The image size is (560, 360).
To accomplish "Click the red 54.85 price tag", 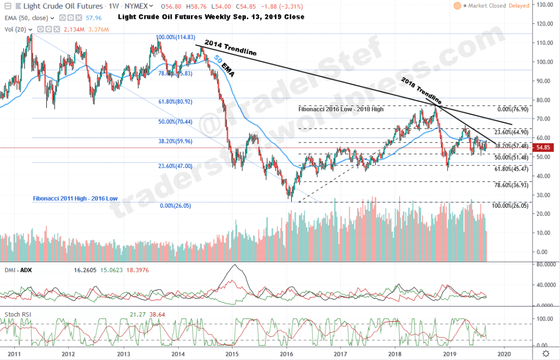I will tap(543, 148).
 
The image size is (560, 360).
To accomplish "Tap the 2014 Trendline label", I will tap(231, 48).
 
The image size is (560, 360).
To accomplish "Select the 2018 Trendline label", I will tap(421, 91).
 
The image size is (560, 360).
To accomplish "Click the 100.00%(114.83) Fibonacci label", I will tap(176, 38).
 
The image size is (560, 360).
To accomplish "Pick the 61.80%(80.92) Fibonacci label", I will tap(176, 101).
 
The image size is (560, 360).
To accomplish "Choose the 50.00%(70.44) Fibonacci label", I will tap(176, 122).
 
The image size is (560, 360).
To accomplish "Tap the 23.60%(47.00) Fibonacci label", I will tap(175, 166).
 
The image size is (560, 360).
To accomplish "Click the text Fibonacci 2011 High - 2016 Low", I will tap(73, 198).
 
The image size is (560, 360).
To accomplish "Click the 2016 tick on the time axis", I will tap(287, 353).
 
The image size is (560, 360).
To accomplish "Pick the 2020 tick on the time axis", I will tap(503, 353).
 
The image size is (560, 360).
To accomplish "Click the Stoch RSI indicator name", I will tap(18, 314).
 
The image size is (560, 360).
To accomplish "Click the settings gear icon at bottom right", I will tap(546, 353).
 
